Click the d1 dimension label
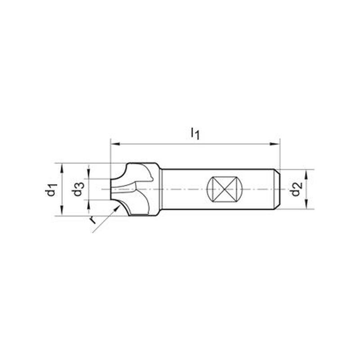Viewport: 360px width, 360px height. (x=52, y=189)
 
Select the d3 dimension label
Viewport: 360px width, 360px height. (x=78, y=189)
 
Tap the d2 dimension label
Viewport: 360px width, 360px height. (x=297, y=189)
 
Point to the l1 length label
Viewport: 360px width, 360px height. (x=195, y=134)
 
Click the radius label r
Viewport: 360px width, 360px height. (x=93, y=220)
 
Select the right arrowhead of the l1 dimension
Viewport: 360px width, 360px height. (x=274, y=144)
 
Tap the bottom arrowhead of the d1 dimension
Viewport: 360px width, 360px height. (x=62, y=211)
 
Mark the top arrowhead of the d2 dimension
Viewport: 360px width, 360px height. (x=306, y=175)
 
